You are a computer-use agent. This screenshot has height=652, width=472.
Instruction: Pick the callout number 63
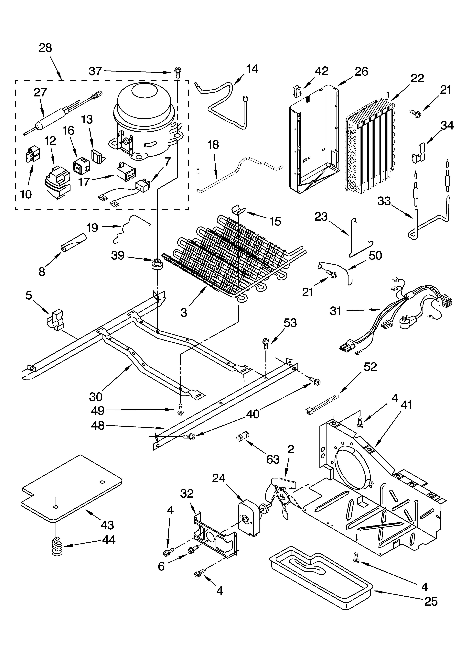tap(273, 459)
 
